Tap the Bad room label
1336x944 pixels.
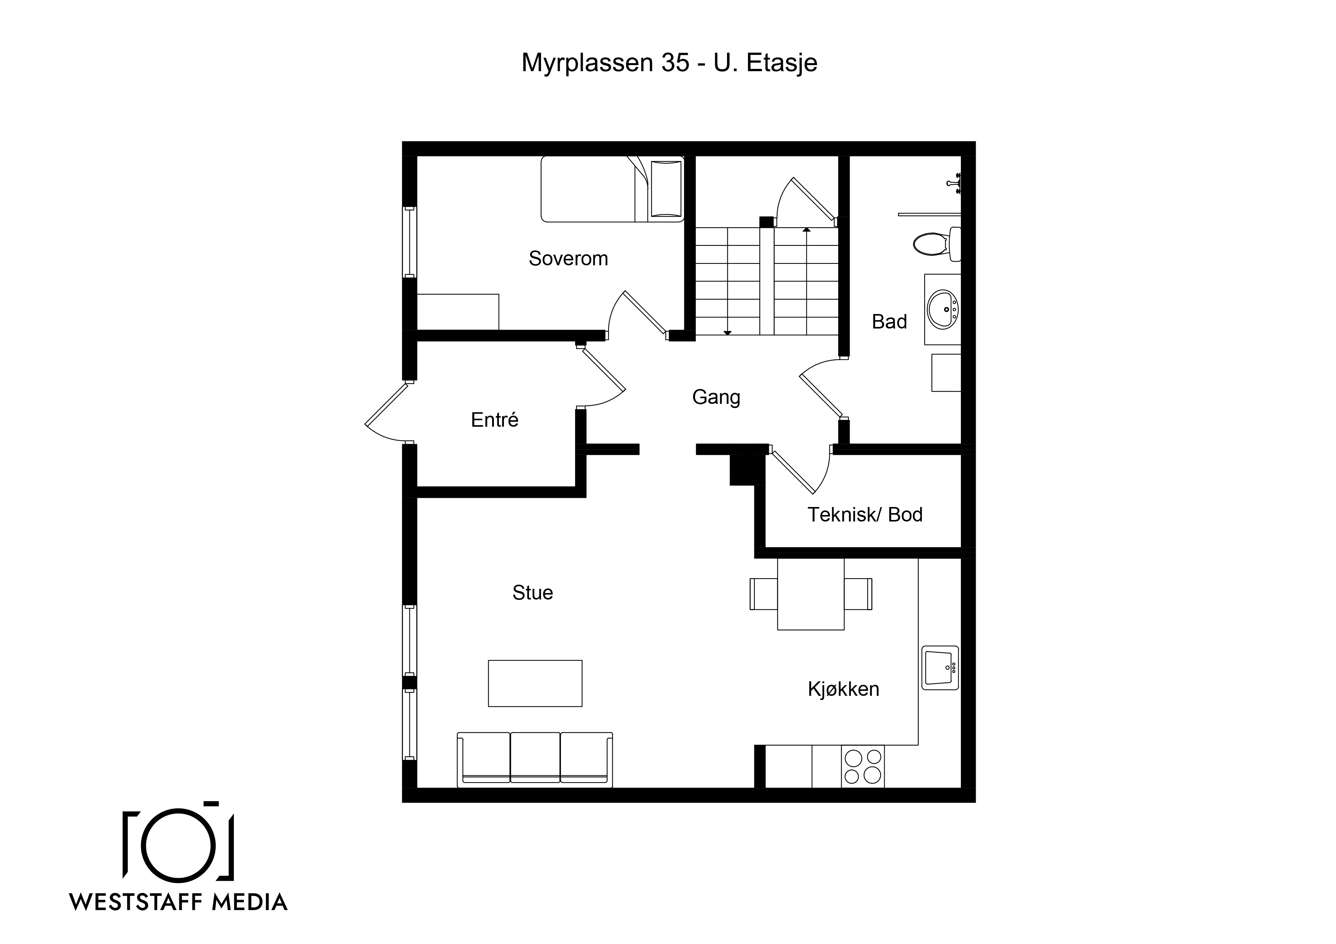point(889,322)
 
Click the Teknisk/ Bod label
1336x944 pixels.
point(865,515)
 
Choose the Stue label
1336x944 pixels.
point(532,593)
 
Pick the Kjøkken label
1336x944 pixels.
point(843,689)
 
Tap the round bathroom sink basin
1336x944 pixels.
point(943,309)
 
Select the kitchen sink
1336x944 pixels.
point(940,668)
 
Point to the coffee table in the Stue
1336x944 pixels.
point(535,683)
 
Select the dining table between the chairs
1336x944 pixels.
point(810,594)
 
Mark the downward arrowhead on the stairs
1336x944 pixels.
point(727,332)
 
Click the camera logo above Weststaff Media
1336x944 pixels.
point(178,842)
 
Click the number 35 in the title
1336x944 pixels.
point(675,63)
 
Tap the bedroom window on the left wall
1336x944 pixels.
point(410,242)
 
